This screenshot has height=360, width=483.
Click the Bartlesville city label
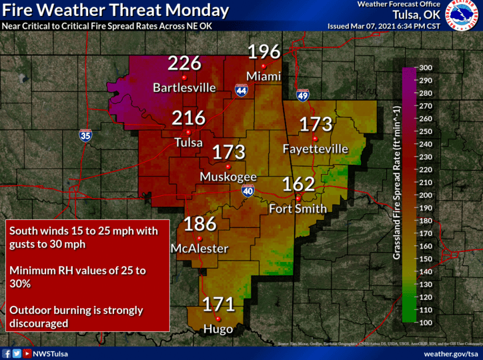click(184, 87)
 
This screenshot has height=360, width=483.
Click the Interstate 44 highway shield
click(241, 91)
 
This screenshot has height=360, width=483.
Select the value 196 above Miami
click(265, 52)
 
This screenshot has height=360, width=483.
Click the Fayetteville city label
click(315, 149)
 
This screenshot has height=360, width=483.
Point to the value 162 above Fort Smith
click(298, 184)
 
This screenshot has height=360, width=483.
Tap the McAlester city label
click(199, 249)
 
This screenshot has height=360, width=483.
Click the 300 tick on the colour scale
click(424, 67)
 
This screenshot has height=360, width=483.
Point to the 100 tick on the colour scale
click(424, 323)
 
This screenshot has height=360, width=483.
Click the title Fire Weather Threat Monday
click(116, 11)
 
